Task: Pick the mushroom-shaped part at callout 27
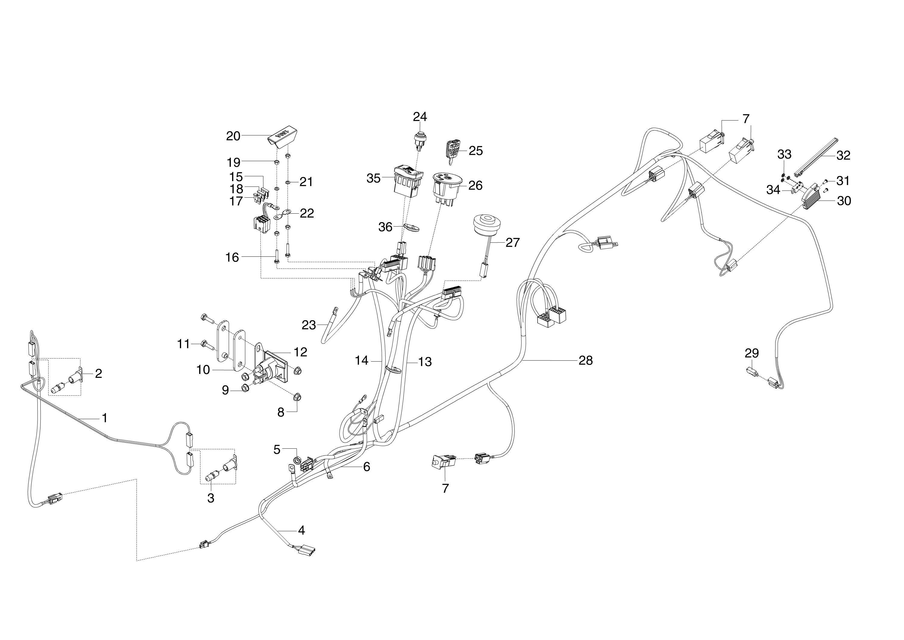coord(484,225)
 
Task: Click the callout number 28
coord(585,360)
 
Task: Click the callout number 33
coord(784,154)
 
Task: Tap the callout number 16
coord(232,257)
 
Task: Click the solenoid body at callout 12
coord(272,366)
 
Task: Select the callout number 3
coord(211,498)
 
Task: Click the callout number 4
coord(301,530)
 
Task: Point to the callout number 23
coord(309,325)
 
